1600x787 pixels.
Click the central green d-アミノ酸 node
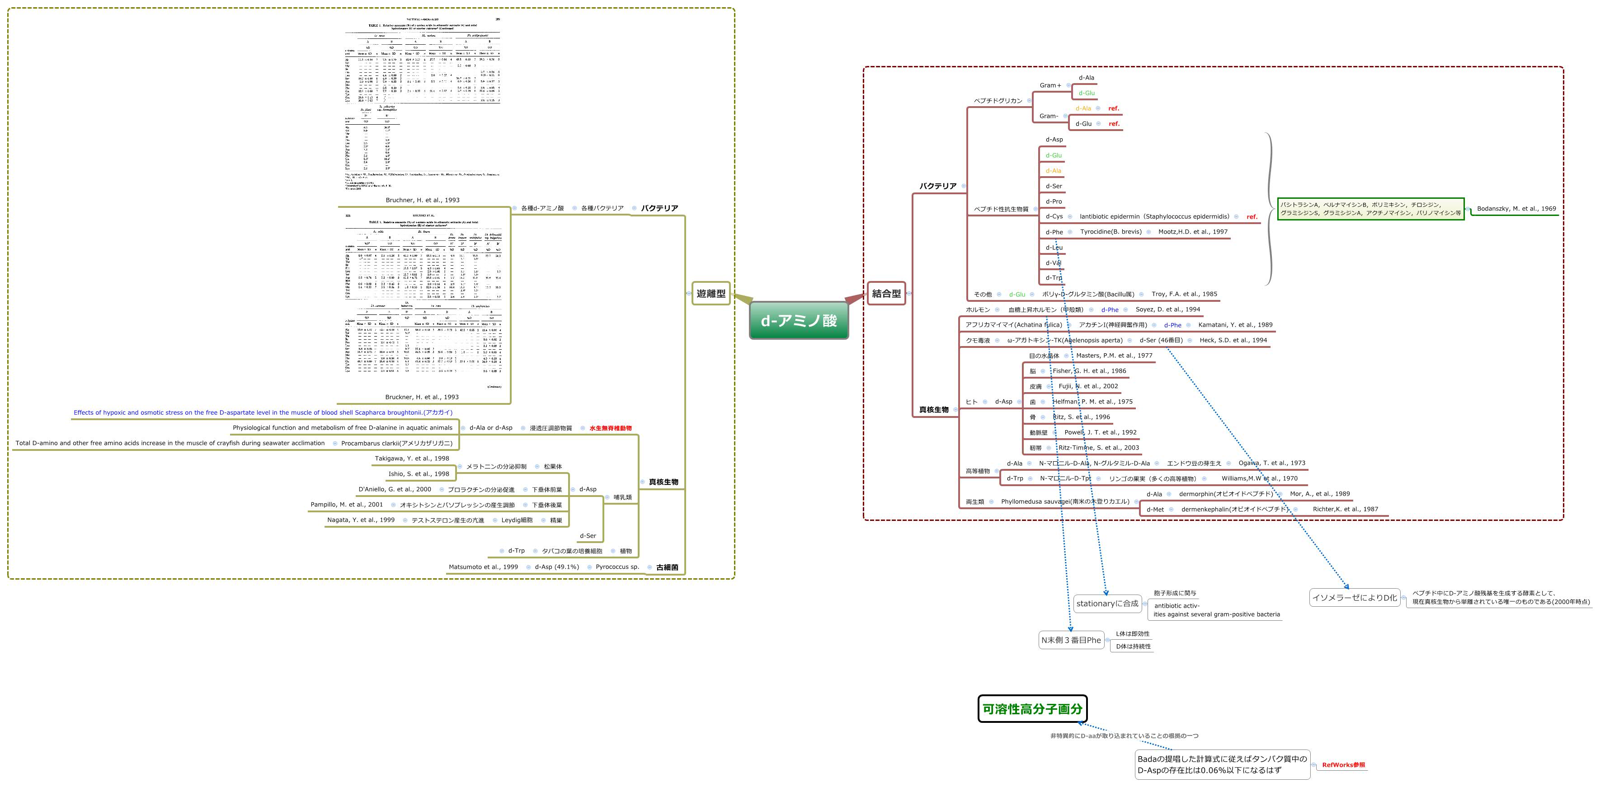pyautogui.click(x=799, y=320)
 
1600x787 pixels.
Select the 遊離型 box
pyautogui.click(x=711, y=294)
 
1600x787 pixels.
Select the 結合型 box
pyautogui.click(x=886, y=294)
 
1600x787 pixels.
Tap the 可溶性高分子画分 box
pyautogui.click(x=1032, y=709)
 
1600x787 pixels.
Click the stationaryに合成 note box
pyautogui.click(x=1107, y=603)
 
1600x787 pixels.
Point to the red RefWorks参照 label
pyautogui.click(x=1343, y=765)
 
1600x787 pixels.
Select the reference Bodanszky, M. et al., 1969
pyautogui.click(x=1516, y=209)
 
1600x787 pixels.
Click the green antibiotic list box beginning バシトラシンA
pyautogui.click(x=1370, y=209)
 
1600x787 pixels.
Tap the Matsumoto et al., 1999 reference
pyautogui.click(x=483, y=567)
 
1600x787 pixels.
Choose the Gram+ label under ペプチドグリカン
pyautogui.click(x=1050, y=85)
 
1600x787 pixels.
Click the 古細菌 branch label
pyautogui.click(x=667, y=567)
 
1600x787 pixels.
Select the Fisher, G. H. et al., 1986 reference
pyautogui.click(x=1089, y=370)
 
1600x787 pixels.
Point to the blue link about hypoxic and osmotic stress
pyautogui.click(x=263, y=412)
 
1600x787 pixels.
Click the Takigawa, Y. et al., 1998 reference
pyautogui.click(x=412, y=458)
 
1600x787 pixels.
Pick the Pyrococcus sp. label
pyautogui.click(x=617, y=567)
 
